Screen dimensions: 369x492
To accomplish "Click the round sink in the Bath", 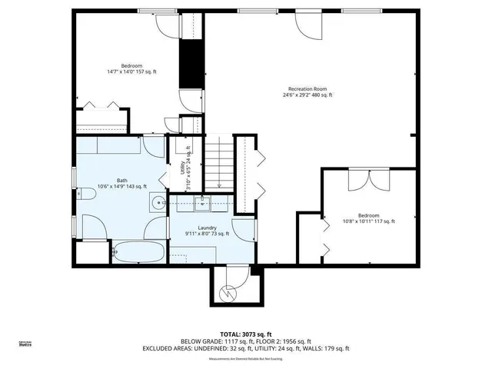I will tap(158, 203).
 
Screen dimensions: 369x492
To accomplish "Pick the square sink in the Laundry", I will tap(204, 203).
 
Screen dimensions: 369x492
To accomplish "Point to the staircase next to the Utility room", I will tap(218, 163).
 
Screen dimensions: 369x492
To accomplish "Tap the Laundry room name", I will tap(206, 228).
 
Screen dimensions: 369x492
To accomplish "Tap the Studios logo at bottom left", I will tap(25, 344).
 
